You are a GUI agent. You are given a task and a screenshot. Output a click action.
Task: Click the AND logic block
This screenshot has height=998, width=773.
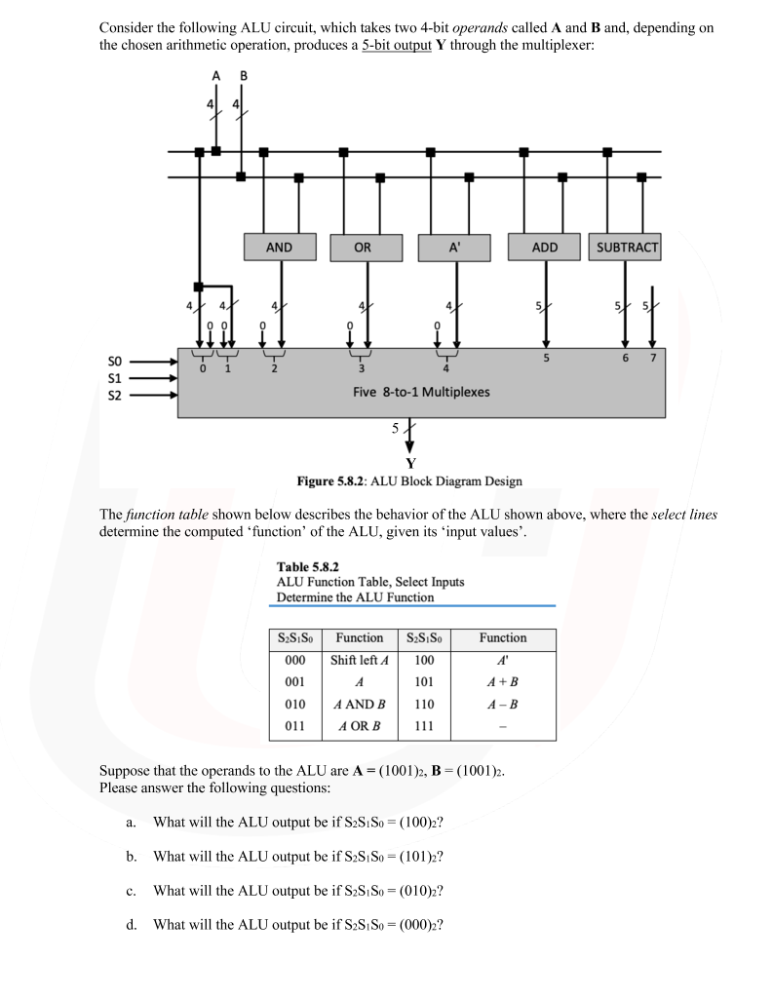pos(279,248)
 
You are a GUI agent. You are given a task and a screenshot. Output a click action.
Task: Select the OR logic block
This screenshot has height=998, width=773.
pos(363,248)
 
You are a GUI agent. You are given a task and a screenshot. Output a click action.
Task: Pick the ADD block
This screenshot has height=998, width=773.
pos(545,248)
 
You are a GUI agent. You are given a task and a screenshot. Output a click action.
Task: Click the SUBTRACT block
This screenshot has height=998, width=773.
pos(627,248)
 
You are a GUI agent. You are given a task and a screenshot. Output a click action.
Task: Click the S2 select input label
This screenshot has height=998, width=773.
pos(114,395)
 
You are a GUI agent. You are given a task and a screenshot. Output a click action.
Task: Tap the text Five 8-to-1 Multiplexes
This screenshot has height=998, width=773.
pos(421,392)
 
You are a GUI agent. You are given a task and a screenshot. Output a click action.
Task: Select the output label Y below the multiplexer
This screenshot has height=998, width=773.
pos(410,463)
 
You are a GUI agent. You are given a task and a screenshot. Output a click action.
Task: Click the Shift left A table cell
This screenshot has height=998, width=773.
pos(359,660)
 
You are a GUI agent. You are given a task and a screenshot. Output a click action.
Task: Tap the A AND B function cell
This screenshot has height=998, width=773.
pos(359,704)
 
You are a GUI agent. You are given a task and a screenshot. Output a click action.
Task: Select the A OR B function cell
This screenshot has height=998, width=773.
pos(359,726)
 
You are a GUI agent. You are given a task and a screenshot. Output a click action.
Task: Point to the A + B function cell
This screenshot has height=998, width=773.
pos(502,681)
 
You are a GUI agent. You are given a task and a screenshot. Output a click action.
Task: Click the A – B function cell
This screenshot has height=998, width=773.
pos(502,704)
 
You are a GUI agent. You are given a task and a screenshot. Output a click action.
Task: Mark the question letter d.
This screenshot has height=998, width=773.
pos(131,924)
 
